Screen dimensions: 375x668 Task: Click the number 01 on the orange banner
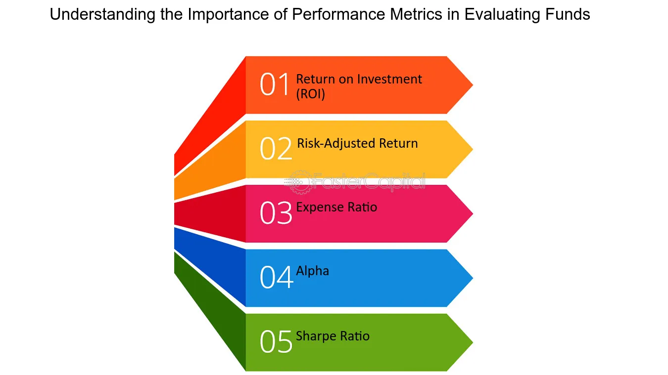(x=275, y=84)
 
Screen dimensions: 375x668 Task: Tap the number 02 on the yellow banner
(x=276, y=149)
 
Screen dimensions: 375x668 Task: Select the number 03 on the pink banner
(x=276, y=213)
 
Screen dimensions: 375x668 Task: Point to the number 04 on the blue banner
(x=276, y=277)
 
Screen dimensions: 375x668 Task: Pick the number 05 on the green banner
(x=276, y=342)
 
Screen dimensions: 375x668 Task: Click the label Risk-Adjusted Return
(x=357, y=143)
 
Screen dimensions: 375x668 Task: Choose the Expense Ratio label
(x=336, y=207)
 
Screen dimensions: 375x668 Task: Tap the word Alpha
(x=312, y=271)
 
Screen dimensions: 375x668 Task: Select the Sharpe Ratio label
(x=333, y=336)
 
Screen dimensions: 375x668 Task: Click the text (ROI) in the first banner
(x=310, y=94)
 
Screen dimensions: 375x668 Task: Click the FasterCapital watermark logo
(x=355, y=181)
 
